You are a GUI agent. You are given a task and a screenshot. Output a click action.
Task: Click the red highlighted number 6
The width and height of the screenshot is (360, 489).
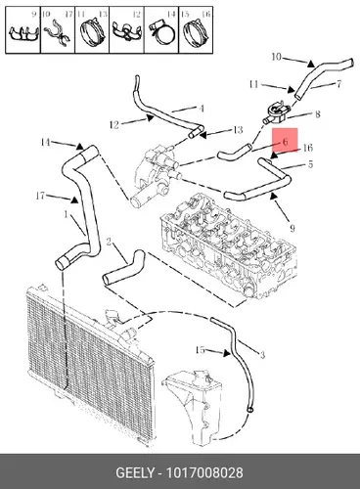[x=285, y=142]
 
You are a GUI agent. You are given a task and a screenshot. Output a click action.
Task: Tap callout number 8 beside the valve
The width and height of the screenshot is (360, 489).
[x=318, y=114]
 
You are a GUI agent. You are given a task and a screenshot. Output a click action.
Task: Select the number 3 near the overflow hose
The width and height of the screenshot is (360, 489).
[x=262, y=355]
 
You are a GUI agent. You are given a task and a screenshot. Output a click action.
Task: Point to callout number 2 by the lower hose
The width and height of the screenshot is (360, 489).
[x=109, y=242]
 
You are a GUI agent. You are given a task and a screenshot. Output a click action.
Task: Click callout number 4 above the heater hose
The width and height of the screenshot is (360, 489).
[x=202, y=109]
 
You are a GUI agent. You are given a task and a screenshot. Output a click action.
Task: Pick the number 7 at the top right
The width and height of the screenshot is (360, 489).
[x=338, y=84]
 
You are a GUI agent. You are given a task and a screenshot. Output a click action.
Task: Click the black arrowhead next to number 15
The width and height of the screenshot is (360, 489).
[x=227, y=353]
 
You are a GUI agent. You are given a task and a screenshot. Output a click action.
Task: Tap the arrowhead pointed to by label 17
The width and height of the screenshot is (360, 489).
[x=74, y=200]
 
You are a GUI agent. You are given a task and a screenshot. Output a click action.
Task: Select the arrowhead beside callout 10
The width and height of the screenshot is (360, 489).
[x=311, y=64]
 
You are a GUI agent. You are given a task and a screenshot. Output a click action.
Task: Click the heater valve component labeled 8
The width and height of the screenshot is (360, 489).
[x=277, y=114]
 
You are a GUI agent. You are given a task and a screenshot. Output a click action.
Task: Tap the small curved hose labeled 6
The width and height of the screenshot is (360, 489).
[x=236, y=153]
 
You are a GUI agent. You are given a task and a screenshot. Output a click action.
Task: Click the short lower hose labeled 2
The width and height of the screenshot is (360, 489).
[x=124, y=267]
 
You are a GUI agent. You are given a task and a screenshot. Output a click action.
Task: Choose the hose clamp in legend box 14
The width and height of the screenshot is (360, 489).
[x=161, y=33]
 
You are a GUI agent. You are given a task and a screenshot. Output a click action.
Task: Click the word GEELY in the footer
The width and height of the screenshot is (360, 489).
[x=135, y=472]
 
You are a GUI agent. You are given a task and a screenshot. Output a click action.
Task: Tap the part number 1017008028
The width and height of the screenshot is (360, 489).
[x=204, y=472]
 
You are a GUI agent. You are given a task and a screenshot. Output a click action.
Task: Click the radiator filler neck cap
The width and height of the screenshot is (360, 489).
[x=112, y=316]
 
